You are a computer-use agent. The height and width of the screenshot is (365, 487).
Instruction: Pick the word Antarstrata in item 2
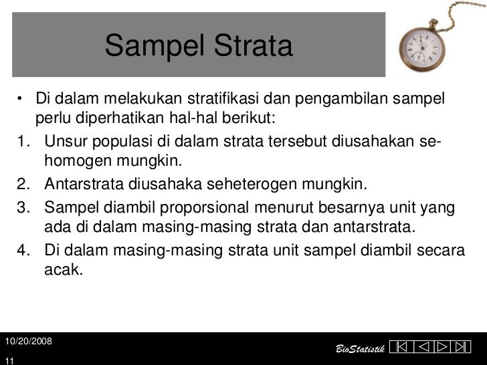86,183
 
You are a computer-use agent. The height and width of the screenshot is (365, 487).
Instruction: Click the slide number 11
9,360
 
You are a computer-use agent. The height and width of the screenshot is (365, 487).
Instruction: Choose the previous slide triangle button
424,348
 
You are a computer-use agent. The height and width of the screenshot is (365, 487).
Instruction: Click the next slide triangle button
443,348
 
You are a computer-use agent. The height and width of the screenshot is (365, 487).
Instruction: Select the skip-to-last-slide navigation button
461,348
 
